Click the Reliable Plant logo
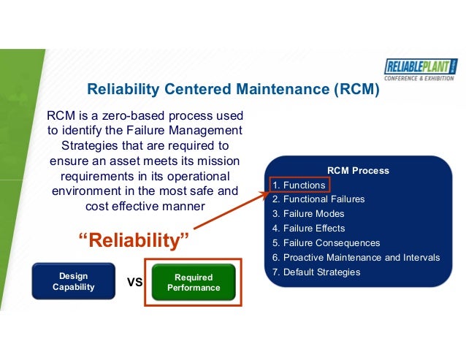tap(421, 68)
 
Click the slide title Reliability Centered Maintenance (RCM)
tap(234, 90)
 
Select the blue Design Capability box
tap(73, 282)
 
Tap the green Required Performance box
tap(194, 283)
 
